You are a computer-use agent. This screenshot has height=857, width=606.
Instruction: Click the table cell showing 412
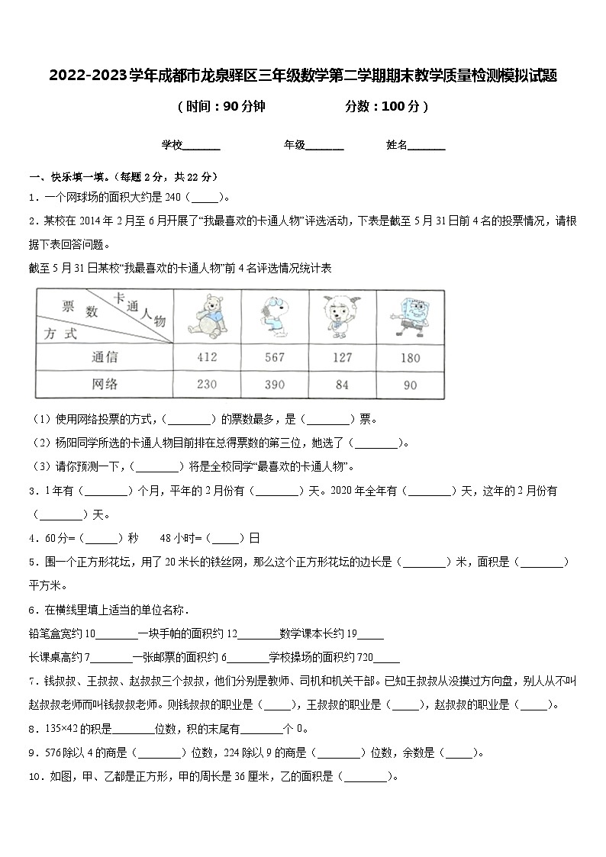coord(206,356)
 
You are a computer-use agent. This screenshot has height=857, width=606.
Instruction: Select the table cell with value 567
coord(274,356)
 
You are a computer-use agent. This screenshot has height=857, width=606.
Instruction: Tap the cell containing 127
coord(343,356)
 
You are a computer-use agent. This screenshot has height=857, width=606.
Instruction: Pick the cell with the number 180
coord(410,356)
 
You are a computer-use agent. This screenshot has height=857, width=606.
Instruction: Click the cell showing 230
coord(206,385)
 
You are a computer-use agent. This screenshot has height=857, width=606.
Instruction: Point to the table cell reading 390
coord(274,385)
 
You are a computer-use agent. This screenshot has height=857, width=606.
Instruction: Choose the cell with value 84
coord(343,385)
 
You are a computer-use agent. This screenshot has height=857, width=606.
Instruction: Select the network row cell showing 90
coord(410,385)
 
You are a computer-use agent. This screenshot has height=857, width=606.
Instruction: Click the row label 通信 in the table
coord(104,356)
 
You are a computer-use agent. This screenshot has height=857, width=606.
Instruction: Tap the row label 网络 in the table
coord(104,385)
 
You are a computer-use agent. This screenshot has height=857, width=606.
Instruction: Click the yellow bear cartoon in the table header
coord(206,315)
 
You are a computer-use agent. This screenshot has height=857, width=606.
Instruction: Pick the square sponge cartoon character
coord(410,315)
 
